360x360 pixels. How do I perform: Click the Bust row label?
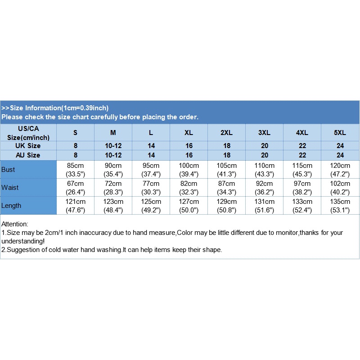(9, 170)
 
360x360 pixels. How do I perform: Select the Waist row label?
(10, 188)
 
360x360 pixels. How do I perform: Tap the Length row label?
(12, 206)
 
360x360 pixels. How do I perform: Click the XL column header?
(189, 133)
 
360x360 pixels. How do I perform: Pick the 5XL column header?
(340, 133)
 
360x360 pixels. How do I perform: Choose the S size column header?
(75, 133)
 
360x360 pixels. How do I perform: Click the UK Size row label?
(28, 146)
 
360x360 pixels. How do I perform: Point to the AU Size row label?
(28, 155)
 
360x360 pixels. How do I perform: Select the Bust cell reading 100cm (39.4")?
(189, 170)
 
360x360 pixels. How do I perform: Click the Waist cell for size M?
(113, 188)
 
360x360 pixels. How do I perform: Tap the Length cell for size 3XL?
(264, 206)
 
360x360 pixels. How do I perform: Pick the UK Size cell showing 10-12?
(113, 146)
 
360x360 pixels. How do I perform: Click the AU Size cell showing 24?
(340, 155)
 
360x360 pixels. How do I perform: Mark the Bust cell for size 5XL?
(340, 170)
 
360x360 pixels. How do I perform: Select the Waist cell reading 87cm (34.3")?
(226, 188)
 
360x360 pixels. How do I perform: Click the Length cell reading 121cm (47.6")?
(75, 206)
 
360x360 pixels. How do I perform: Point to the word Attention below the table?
(15, 224)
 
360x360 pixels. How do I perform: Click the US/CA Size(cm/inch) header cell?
(28, 133)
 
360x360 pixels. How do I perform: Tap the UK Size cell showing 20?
(264, 146)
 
